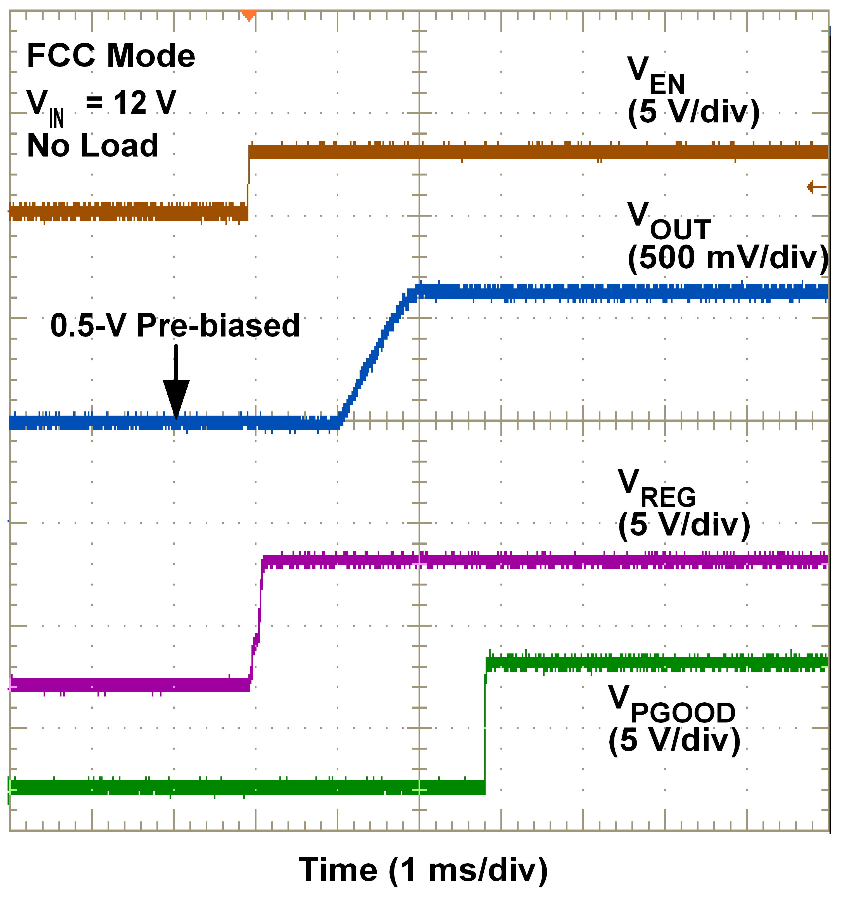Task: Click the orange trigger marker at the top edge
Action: click(x=248, y=15)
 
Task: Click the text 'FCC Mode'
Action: click(x=111, y=56)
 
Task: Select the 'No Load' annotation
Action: click(x=93, y=146)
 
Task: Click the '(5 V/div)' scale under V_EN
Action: click(x=693, y=112)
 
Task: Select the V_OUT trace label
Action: click(x=668, y=221)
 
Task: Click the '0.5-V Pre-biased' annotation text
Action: click(x=175, y=326)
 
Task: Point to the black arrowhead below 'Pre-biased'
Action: click(x=176, y=398)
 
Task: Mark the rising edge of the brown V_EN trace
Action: click(x=248, y=182)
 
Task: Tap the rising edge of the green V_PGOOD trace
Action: click(x=485, y=729)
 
